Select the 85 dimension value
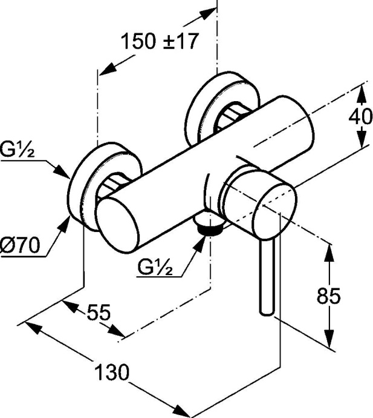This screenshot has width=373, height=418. point(329,296)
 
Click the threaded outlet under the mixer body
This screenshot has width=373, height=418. point(210,228)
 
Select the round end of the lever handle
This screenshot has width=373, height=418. point(267,311)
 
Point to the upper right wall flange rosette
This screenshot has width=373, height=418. point(209,106)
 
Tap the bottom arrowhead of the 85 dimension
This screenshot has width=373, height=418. point(329,343)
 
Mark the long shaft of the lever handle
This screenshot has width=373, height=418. point(266,273)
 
